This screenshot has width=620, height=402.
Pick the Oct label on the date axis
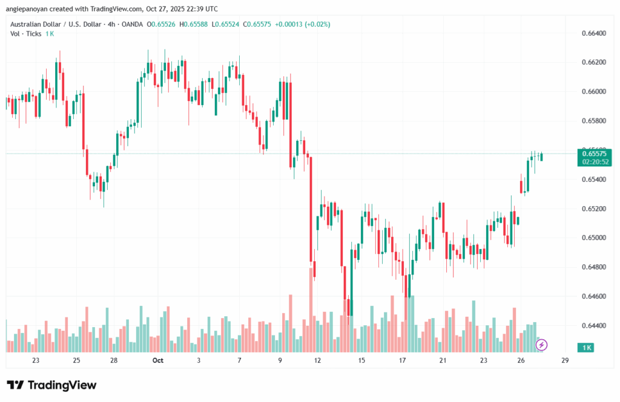pyautogui.click(x=158, y=360)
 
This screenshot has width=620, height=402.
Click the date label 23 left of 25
pyautogui.click(x=36, y=360)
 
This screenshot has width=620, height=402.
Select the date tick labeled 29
pyautogui.click(x=565, y=360)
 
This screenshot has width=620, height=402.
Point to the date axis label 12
pyautogui.click(x=317, y=360)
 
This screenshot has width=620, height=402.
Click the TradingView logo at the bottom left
pyautogui.click(x=51, y=385)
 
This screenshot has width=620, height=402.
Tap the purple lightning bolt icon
pyautogui.click(x=542, y=345)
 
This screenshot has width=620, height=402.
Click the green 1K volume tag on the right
pyautogui.click(x=587, y=348)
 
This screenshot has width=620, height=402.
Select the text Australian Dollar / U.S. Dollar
pyautogui.click(x=53, y=24)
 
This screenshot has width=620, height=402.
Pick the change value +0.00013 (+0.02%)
pyautogui.click(x=303, y=24)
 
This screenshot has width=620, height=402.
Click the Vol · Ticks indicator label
pyautogui.click(x=26, y=34)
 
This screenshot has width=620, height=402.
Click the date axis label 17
pyautogui.click(x=403, y=360)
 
